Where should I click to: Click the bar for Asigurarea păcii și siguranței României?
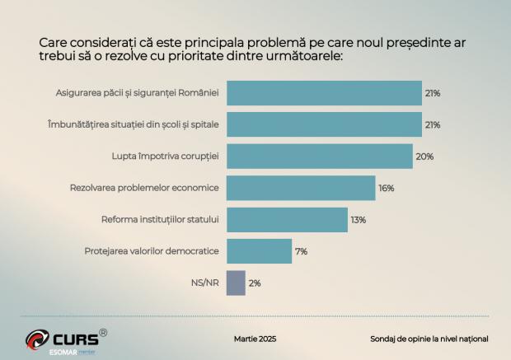click(324, 93)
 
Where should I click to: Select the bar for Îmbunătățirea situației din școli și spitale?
click(324, 124)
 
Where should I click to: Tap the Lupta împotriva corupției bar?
click(319, 157)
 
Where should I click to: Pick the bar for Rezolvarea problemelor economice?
click(301, 188)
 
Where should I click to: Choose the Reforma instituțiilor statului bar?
click(287, 220)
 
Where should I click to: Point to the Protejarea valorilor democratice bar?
click(259, 251)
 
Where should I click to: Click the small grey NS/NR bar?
click(236, 283)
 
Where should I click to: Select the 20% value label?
click(424, 157)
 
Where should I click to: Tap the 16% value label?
click(386, 188)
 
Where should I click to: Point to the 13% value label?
click(358, 220)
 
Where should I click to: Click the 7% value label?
click(301, 251)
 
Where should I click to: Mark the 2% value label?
click(255, 283)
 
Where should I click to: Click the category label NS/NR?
click(205, 283)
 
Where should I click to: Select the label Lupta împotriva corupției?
click(165, 157)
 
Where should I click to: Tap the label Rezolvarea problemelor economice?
click(144, 188)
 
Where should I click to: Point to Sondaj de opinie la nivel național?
click(429, 339)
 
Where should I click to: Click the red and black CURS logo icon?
click(37, 339)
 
